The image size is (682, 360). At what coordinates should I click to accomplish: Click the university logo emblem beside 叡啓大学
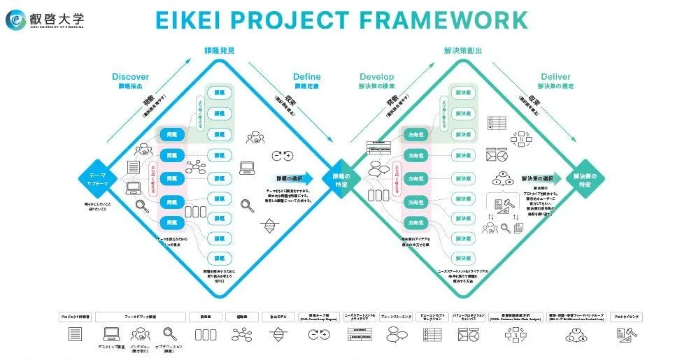coord(16,20)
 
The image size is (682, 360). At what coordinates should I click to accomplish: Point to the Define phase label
coord(307,77)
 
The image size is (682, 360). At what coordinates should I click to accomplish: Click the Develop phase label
coord(377,77)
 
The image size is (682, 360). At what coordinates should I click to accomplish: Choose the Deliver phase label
coord(555,77)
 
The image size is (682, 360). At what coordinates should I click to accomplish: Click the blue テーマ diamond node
coord(96,179)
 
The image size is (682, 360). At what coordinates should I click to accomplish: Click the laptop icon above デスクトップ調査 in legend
coord(111,334)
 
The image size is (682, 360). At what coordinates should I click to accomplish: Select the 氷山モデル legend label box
coord(274,317)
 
